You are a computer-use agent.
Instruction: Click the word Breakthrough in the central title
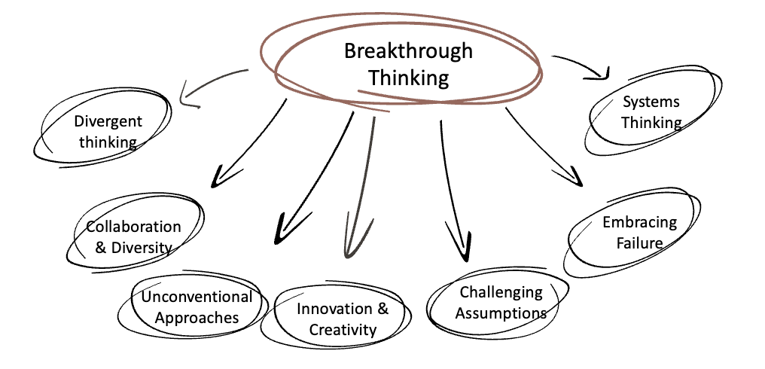pyautogui.click(x=408, y=51)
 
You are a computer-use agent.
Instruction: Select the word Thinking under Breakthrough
pyautogui.click(x=408, y=77)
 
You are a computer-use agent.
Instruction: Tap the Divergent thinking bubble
pyautogui.click(x=108, y=132)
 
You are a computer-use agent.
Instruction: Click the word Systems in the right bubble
pyautogui.click(x=651, y=102)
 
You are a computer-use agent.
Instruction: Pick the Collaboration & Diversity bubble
pyautogui.click(x=133, y=236)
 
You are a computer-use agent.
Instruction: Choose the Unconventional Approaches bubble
pyautogui.click(x=197, y=306)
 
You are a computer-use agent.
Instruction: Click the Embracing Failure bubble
pyautogui.click(x=639, y=232)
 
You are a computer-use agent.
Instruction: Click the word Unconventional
pyautogui.click(x=197, y=296)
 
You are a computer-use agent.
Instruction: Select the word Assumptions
pyautogui.click(x=501, y=313)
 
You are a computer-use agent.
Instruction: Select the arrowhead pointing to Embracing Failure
pyautogui.click(x=577, y=180)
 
